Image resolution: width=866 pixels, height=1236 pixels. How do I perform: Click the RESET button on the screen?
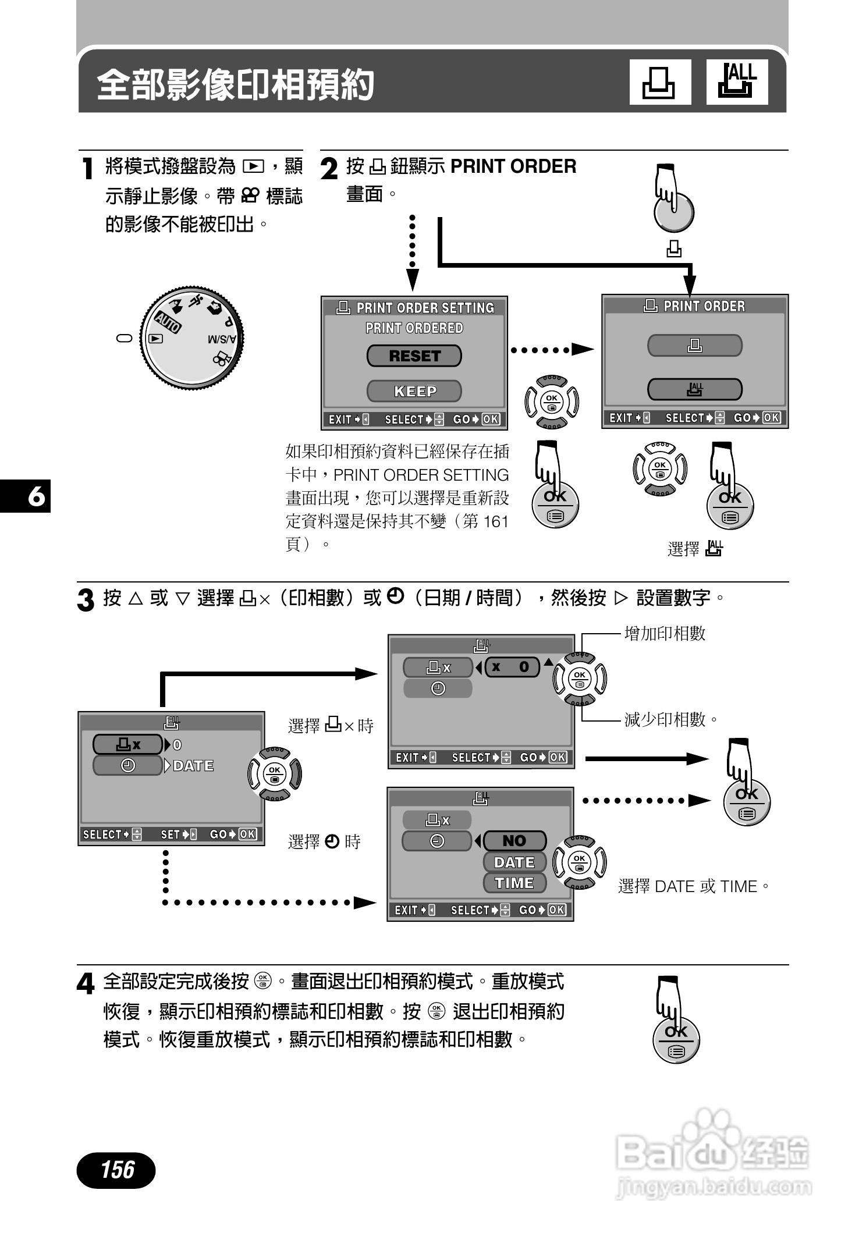414,356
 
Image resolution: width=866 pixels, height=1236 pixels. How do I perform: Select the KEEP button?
414,391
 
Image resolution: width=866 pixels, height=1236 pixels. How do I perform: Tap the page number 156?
116,1169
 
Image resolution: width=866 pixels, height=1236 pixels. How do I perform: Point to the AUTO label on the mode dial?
168,321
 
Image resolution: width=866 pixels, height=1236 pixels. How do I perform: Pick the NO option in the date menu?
514,841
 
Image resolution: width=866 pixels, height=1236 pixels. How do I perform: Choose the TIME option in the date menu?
514,883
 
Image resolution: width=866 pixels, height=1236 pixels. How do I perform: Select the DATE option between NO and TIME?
514,862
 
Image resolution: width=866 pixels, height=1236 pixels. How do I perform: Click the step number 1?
87,169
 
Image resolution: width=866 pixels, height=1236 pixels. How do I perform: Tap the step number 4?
86,985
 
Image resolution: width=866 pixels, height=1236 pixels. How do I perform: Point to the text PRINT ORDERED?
414,328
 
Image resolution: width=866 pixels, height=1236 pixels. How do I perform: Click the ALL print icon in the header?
737,82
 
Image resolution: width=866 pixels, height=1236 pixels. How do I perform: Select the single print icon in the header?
660,82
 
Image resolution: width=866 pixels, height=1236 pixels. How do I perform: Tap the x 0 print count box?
512,667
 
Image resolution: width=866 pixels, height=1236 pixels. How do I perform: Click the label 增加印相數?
665,633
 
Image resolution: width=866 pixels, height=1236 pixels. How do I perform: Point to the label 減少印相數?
665,720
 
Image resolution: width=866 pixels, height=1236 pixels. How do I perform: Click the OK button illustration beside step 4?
676,1038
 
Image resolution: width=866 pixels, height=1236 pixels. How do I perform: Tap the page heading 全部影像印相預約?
235,85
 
